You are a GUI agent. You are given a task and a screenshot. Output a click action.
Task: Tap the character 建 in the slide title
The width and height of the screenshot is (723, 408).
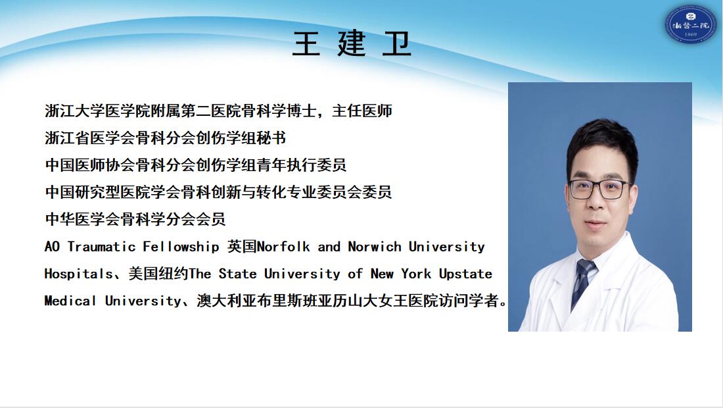pyautogui.click(x=352, y=44)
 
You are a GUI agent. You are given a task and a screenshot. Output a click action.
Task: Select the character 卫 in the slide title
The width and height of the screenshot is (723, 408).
pyautogui.click(x=396, y=44)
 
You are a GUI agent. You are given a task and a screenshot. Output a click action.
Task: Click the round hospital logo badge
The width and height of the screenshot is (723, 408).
pyautogui.click(x=690, y=24)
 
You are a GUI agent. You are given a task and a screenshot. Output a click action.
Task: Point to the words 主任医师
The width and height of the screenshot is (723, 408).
pyautogui.click(x=362, y=111)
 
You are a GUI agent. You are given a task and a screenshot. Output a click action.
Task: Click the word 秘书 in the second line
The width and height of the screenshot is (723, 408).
pyautogui.click(x=271, y=138)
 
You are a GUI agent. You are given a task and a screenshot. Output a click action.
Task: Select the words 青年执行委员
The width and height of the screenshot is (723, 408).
pyautogui.click(x=302, y=165)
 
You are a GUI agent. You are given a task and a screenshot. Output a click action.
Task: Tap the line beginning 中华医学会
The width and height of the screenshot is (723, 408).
pyautogui.click(x=135, y=218)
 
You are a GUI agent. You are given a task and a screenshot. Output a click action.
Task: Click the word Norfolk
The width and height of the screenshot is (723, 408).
pyautogui.click(x=283, y=247)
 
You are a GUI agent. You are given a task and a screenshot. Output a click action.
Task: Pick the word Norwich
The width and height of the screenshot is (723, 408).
pyautogui.click(x=375, y=247)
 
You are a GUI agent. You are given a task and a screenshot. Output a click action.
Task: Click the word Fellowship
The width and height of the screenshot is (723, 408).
pyautogui.click(x=181, y=247)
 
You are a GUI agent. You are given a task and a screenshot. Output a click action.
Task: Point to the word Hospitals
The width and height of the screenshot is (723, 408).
pyautogui.click(x=78, y=274)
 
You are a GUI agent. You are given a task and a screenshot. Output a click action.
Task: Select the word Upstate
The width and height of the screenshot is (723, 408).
pyautogui.click(x=465, y=274)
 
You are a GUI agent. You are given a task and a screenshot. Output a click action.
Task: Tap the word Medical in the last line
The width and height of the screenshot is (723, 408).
pyautogui.click(x=70, y=301)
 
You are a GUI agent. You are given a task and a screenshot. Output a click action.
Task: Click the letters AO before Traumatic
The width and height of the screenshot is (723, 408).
pyautogui.click(x=52, y=247)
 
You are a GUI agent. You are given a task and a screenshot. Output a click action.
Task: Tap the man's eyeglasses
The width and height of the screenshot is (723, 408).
pyautogui.click(x=599, y=190)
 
